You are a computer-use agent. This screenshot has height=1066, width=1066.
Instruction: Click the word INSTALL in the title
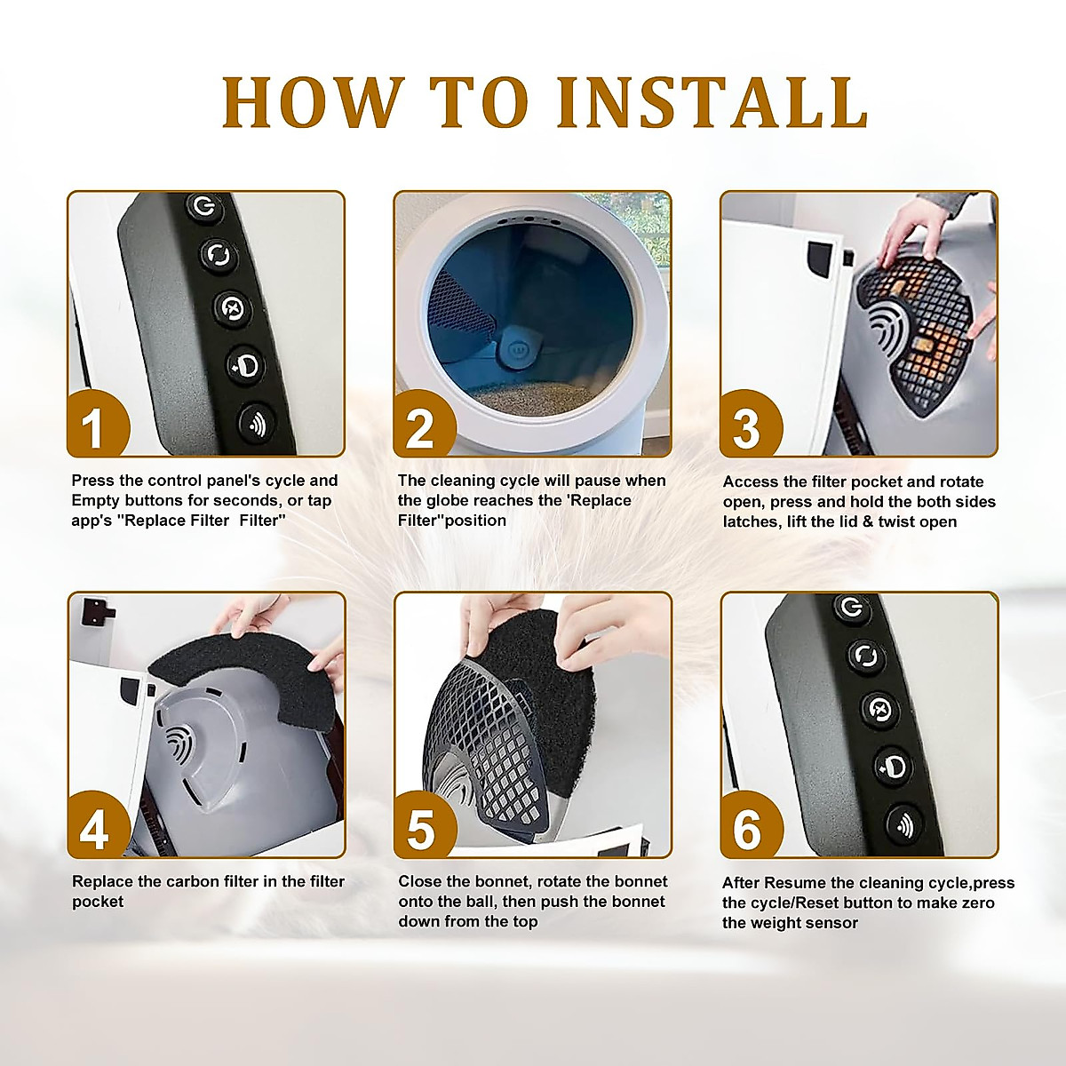(x=712, y=102)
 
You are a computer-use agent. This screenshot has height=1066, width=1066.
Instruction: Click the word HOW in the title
(x=310, y=102)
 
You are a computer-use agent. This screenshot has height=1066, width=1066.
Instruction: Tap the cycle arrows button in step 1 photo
(x=219, y=255)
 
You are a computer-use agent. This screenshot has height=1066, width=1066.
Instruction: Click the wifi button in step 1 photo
(x=257, y=424)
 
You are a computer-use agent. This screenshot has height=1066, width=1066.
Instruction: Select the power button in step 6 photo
(x=851, y=608)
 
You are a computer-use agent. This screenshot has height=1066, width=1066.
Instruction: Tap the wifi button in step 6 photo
(x=905, y=824)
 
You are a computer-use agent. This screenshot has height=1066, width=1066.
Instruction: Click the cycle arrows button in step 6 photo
(x=865, y=656)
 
